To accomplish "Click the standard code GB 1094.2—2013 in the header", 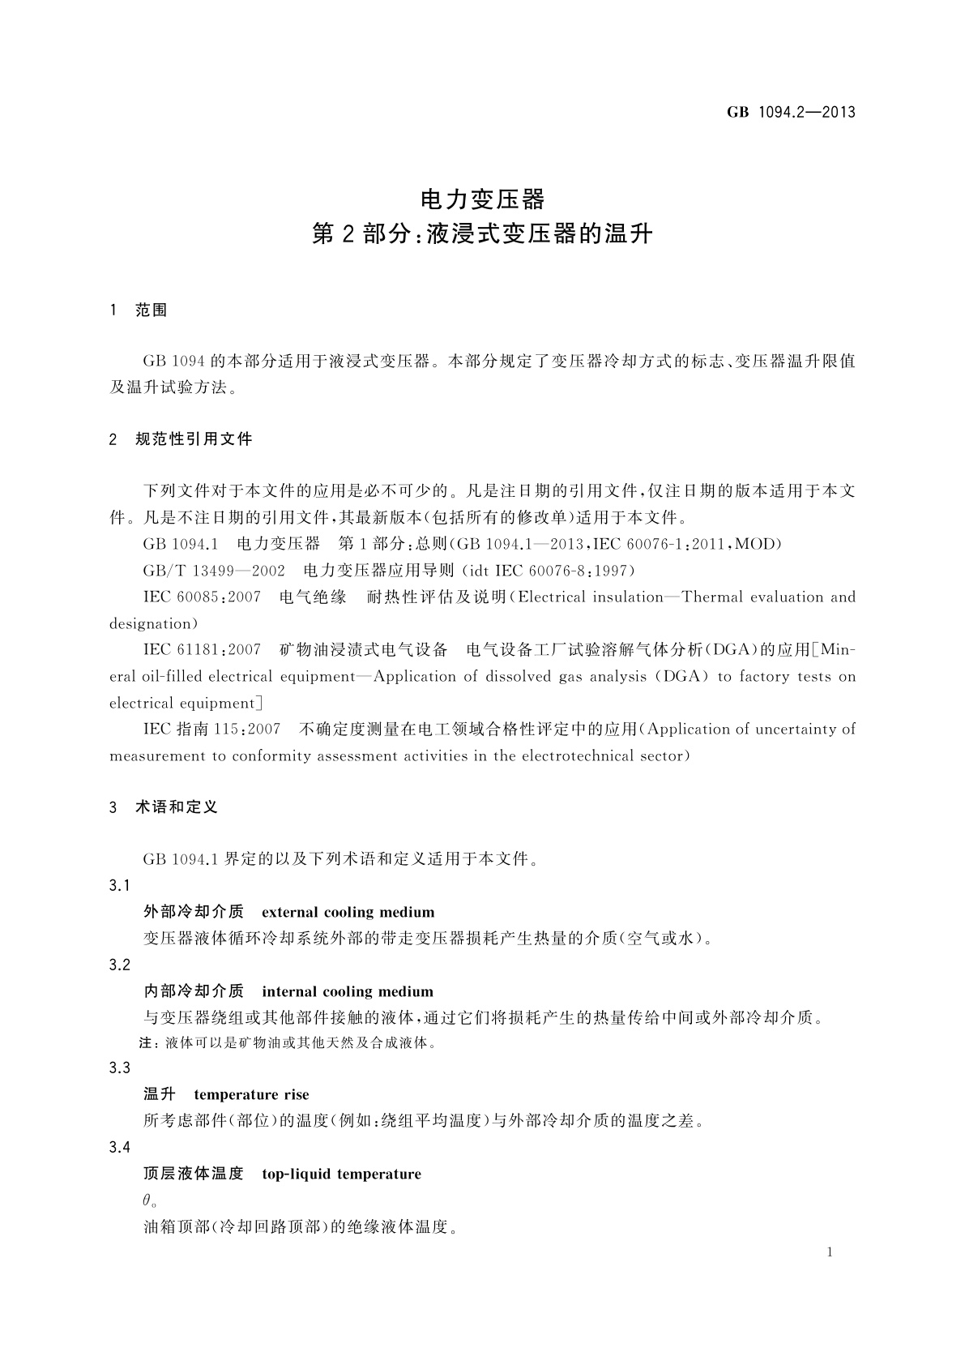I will pyautogui.click(x=791, y=113).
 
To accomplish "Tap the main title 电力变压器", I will pyautogui.click(x=482, y=199).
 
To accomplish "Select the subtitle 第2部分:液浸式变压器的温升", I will pyautogui.click(x=482, y=235).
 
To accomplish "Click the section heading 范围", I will pyautogui.click(x=152, y=310).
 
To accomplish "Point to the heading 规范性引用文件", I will pyautogui.click(x=194, y=439).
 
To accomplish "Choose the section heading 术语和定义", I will pyautogui.click(x=177, y=807).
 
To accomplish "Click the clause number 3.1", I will pyautogui.click(x=120, y=886).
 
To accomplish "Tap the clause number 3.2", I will pyautogui.click(x=120, y=965).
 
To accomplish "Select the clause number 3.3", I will pyautogui.click(x=120, y=1068).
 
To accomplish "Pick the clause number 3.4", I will pyautogui.click(x=120, y=1148).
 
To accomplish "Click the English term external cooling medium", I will pyautogui.click(x=348, y=913).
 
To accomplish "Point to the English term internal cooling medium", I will pyautogui.click(x=348, y=992).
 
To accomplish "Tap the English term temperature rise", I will pyautogui.click(x=251, y=1095).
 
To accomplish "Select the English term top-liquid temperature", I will pyautogui.click(x=341, y=1175).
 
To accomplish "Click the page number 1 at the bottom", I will pyautogui.click(x=830, y=1252).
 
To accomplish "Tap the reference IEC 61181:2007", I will pyautogui.click(x=202, y=650).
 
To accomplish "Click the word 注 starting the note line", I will pyautogui.click(x=148, y=1043).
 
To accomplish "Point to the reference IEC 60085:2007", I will pyautogui.click(x=202, y=597).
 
